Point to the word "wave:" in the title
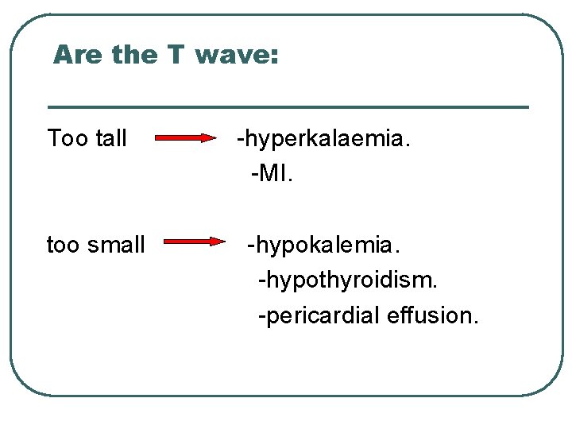tap(237, 56)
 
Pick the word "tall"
tap(110, 139)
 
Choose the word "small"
tap(118, 245)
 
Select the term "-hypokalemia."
tap(324, 245)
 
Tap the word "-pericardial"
tap(319, 315)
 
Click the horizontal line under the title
tap(288, 106)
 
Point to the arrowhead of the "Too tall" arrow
tap(211, 138)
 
